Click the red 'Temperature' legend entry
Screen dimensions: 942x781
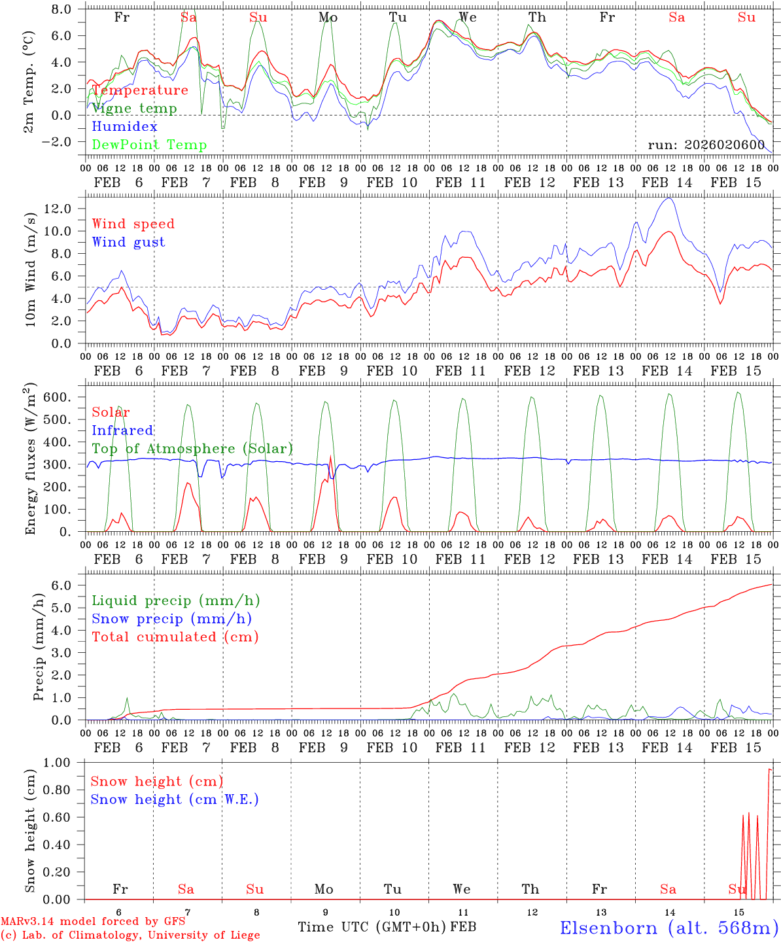point(140,90)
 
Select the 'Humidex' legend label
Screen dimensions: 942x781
point(124,127)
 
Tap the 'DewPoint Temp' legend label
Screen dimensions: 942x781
point(149,145)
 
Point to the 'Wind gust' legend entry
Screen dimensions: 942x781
point(128,242)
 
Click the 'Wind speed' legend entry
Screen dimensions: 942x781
point(133,224)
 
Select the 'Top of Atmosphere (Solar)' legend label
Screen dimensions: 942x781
point(192,449)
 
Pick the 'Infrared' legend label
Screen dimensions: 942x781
point(122,430)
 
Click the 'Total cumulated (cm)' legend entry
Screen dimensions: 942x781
point(175,637)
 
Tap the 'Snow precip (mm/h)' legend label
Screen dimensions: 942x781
point(171,619)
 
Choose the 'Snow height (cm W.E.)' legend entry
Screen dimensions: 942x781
point(175,799)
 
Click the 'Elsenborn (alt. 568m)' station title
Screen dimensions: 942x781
point(668,928)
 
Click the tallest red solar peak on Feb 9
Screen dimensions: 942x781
point(330,457)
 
